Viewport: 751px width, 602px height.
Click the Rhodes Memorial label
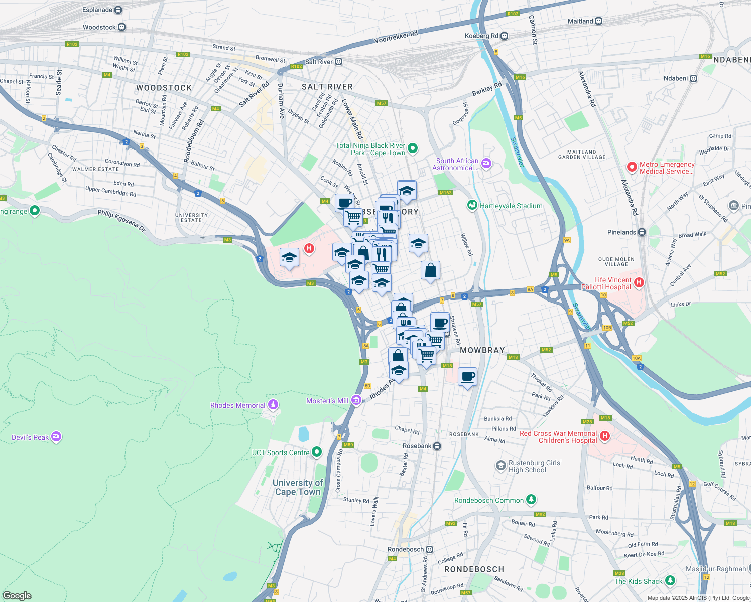[x=237, y=405]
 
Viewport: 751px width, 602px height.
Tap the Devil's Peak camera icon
[x=56, y=437]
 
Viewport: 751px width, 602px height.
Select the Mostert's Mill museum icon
[x=356, y=400]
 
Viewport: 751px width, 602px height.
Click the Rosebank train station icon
[x=437, y=446]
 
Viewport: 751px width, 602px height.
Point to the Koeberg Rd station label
[x=481, y=36]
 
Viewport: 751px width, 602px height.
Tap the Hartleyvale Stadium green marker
[x=472, y=205]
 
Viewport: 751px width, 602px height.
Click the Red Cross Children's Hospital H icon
[x=605, y=436]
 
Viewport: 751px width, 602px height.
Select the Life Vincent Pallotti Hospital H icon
[x=639, y=283]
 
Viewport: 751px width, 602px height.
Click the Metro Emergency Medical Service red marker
[x=632, y=167]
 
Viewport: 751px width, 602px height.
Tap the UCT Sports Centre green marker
[x=316, y=452]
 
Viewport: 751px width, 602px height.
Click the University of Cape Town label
[x=298, y=487]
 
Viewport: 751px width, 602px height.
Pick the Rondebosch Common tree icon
[x=531, y=500]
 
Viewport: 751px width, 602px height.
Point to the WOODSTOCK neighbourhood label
[x=164, y=88]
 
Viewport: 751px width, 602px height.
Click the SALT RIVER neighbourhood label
[x=327, y=87]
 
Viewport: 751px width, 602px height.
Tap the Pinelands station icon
[x=642, y=232]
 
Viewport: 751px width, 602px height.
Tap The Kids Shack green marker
[x=670, y=581]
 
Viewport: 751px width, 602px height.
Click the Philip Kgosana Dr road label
[x=121, y=220]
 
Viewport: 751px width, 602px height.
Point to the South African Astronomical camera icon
[x=485, y=163]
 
